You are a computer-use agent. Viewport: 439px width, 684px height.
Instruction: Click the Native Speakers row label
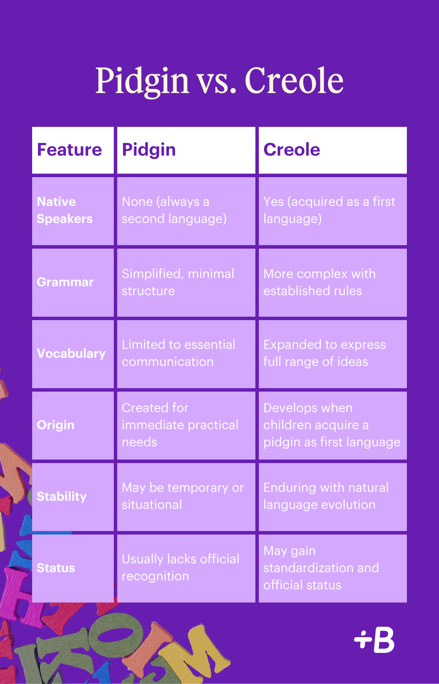(x=65, y=210)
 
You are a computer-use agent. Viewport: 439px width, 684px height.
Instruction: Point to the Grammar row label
(x=65, y=282)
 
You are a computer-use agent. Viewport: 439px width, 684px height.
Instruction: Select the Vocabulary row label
(x=71, y=353)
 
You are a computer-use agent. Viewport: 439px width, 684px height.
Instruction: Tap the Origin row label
(x=55, y=425)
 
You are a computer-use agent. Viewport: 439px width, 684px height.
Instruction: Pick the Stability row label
(x=62, y=496)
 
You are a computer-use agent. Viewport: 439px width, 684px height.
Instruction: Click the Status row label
(x=56, y=568)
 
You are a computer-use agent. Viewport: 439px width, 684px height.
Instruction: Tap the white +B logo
(x=374, y=640)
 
